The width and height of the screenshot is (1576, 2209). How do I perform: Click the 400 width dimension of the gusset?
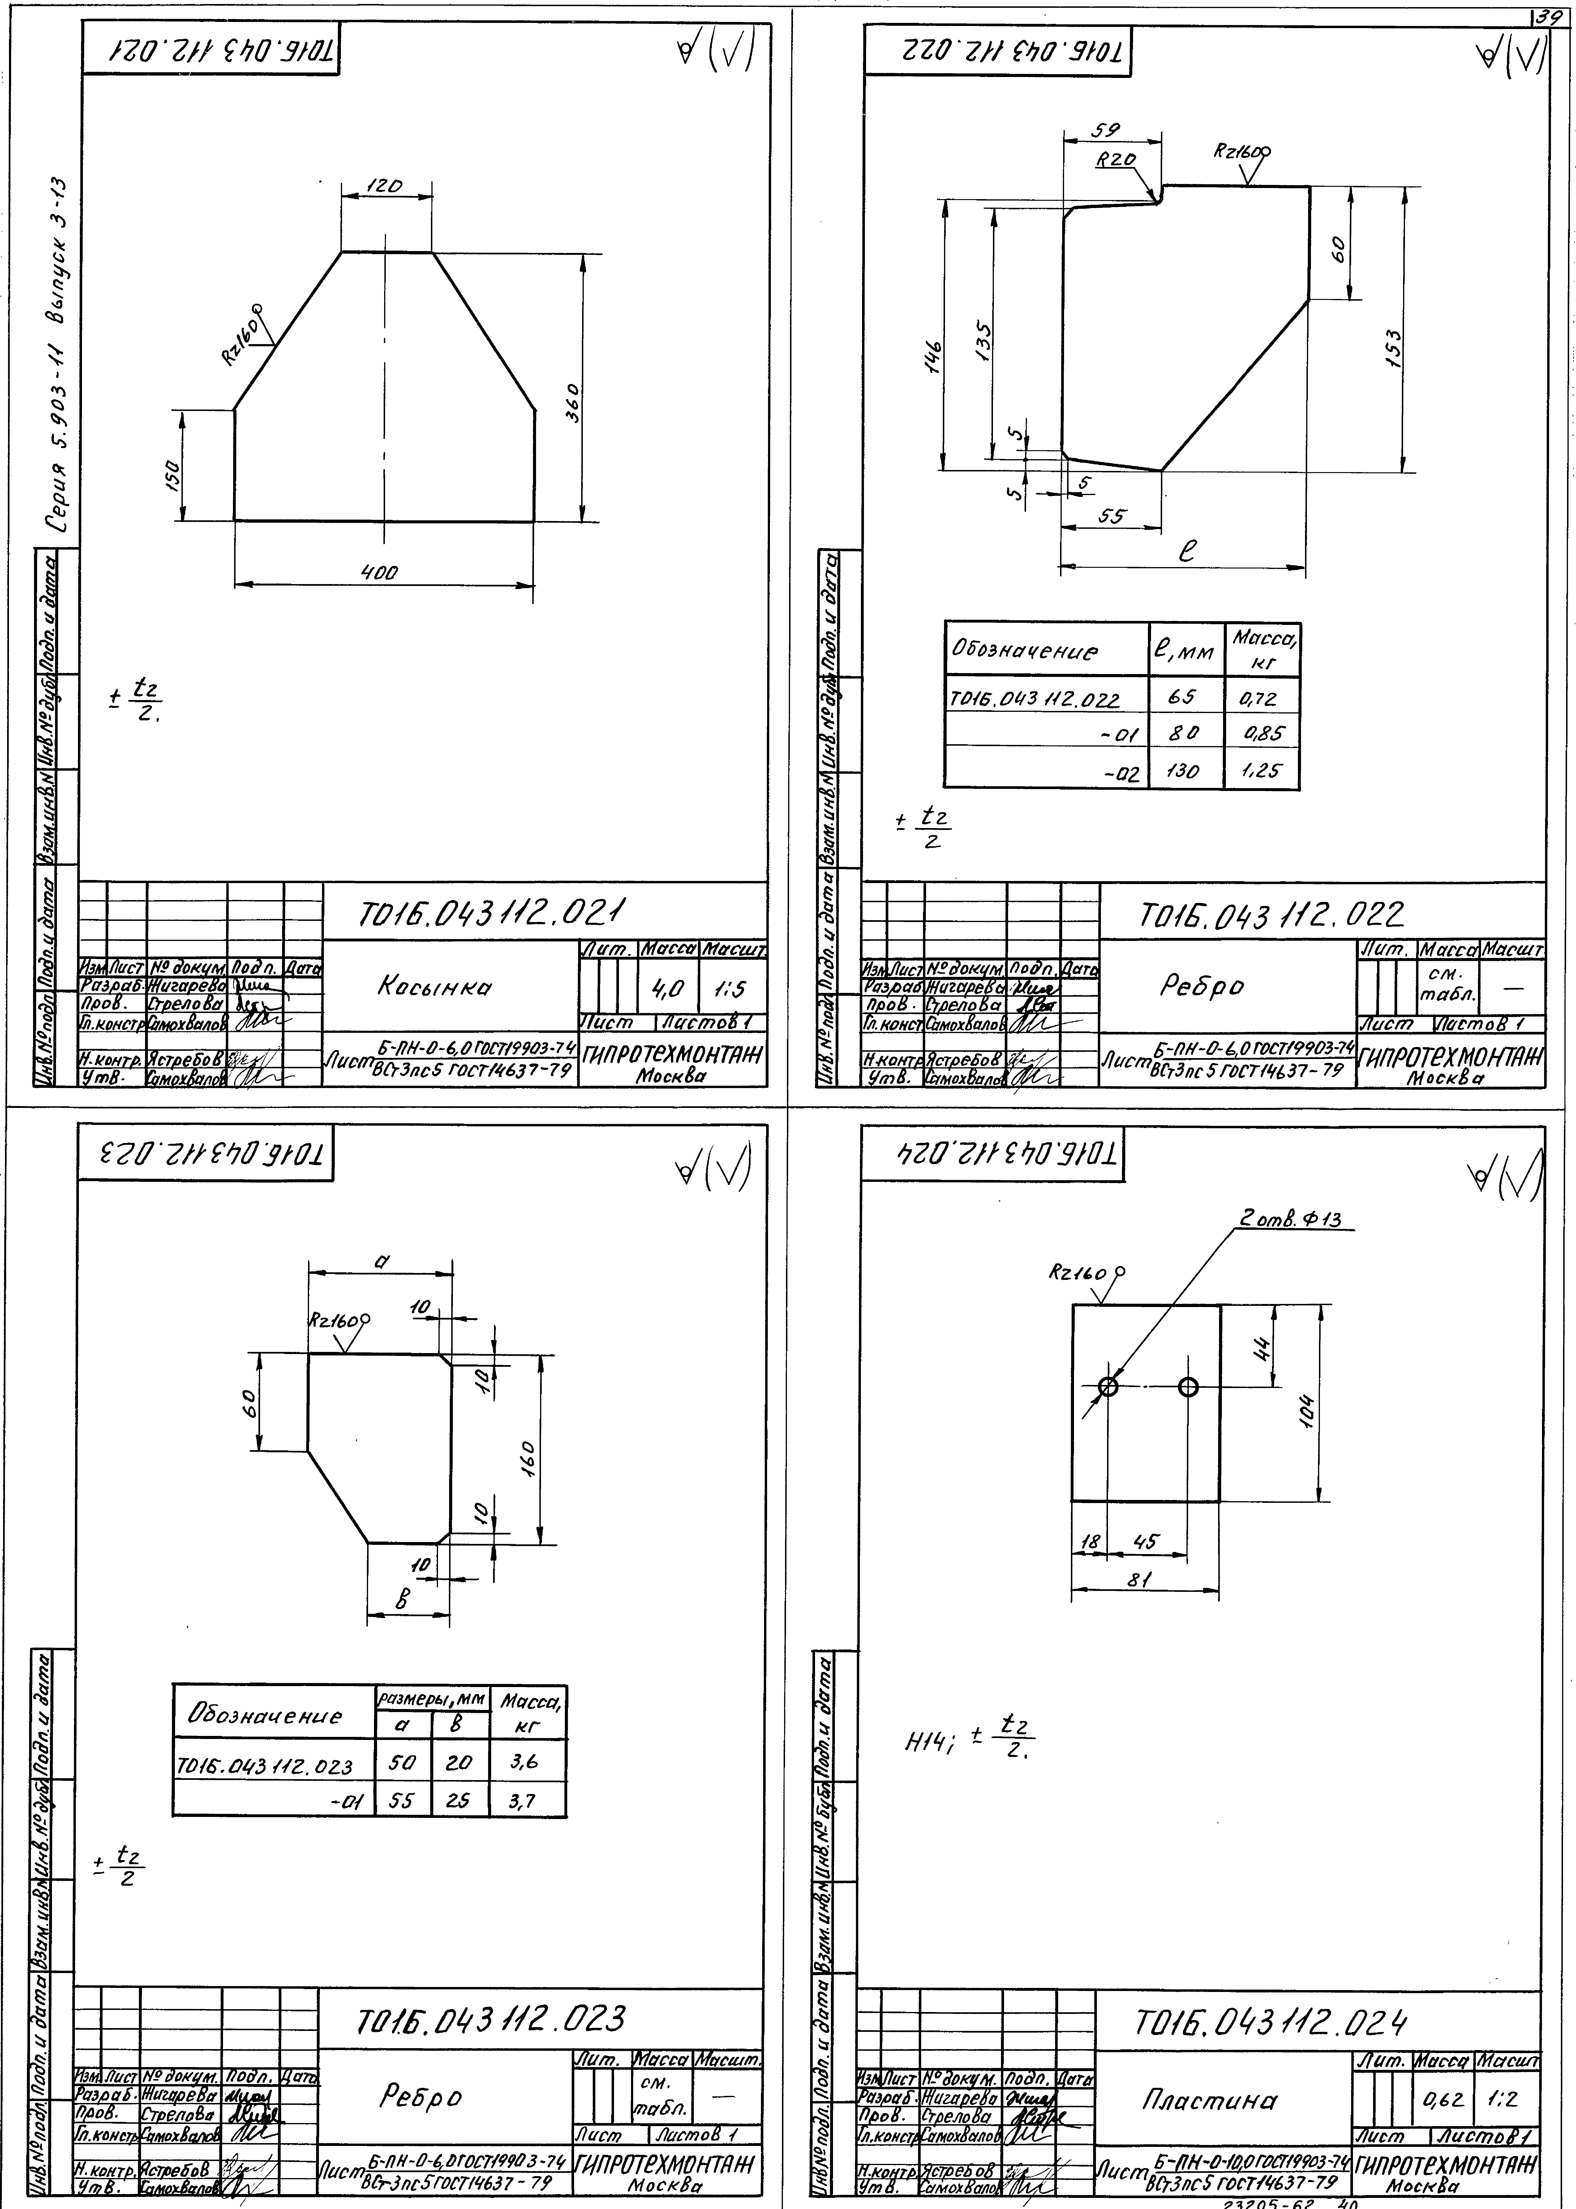coord(379,573)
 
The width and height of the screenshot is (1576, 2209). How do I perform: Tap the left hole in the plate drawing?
coord(1108,1387)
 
